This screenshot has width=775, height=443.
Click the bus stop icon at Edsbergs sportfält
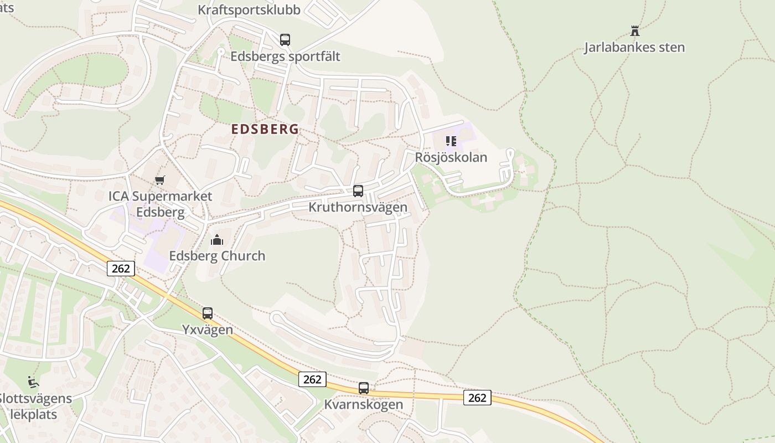[285, 40]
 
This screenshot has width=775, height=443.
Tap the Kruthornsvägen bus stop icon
[358, 191]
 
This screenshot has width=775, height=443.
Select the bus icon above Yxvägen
[208, 313]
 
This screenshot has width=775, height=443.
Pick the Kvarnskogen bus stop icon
[364, 388]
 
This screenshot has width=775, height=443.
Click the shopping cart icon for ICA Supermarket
[160, 180]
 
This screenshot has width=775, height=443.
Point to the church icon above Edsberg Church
[216, 240]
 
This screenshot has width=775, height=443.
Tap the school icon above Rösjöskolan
[451, 141]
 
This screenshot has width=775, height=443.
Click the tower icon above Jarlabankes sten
[635, 31]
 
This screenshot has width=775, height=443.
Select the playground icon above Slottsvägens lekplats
[33, 382]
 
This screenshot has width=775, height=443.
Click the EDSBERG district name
[265, 130]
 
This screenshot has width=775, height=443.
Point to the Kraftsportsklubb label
[249, 10]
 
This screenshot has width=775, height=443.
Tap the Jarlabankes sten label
[634, 48]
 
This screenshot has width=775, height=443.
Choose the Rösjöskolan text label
[451, 157]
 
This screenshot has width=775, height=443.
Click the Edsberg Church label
[217, 256]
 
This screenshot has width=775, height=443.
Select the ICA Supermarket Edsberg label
[160, 204]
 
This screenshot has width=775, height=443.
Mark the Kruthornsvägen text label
[358, 207]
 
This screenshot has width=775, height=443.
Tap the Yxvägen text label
[208, 329]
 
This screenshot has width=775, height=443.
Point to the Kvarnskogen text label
[364, 404]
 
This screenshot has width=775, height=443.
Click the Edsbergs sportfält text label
[285, 56]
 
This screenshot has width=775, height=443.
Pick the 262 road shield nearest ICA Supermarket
[121, 269]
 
